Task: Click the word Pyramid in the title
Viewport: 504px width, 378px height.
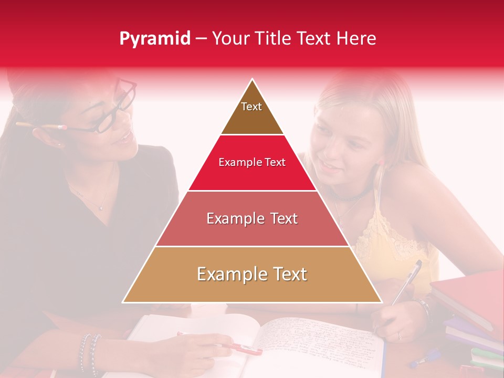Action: point(155,39)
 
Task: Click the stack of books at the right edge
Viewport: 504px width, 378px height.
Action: point(470,315)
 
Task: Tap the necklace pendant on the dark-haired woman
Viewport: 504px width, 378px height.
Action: point(100,208)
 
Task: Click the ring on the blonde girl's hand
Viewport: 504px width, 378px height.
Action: point(398,335)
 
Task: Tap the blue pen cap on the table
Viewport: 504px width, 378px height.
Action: point(420,362)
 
